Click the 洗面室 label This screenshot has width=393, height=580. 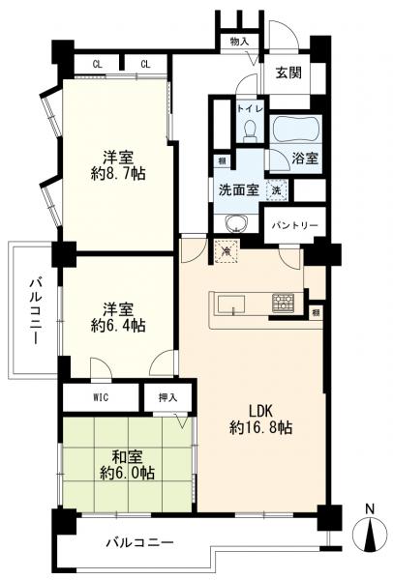tap(237, 190)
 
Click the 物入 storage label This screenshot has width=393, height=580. tap(239, 42)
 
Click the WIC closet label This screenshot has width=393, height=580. tap(102, 397)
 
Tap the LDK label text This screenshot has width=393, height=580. tap(248, 408)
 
